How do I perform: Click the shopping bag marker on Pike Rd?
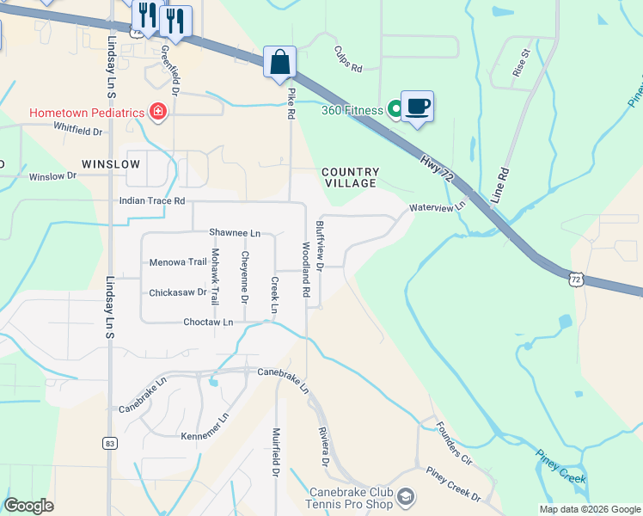click(x=279, y=63)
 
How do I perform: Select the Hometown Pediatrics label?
click(x=85, y=113)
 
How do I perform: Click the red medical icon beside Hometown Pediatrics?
click(x=157, y=112)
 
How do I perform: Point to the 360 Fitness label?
click(x=352, y=110)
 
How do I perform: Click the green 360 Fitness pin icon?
click(x=395, y=108)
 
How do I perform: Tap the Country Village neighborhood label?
click(x=350, y=178)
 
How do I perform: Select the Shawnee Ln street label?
click(x=234, y=233)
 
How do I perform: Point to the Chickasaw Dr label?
click(x=178, y=292)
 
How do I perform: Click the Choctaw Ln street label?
click(x=208, y=322)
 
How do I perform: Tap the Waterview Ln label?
click(x=437, y=207)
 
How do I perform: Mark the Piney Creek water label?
click(x=560, y=465)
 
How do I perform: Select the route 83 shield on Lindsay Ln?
click(x=109, y=443)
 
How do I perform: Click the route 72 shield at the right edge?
click(x=576, y=279)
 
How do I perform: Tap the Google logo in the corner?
click(x=28, y=506)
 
